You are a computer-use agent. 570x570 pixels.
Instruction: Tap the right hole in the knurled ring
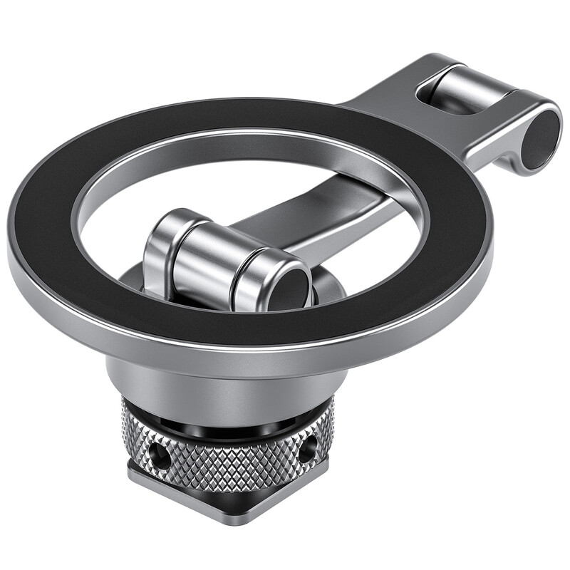pos(309,448)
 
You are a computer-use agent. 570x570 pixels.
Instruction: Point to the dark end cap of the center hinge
pos(290,288)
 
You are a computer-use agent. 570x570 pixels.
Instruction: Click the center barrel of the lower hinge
pos(207,261)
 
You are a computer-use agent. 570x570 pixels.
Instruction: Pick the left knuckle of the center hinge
pos(162,249)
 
